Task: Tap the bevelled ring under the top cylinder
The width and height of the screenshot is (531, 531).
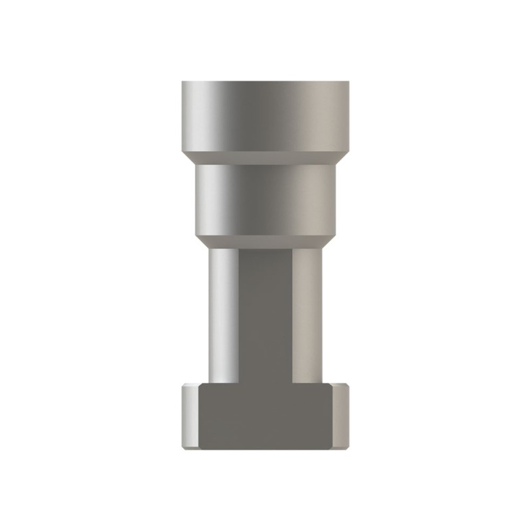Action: click(265, 157)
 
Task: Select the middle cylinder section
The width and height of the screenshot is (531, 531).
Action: click(265, 199)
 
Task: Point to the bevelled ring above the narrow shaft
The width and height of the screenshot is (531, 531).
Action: click(265, 242)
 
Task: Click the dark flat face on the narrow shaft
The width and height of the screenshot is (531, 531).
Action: click(265, 312)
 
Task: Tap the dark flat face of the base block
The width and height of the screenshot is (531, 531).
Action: click(265, 418)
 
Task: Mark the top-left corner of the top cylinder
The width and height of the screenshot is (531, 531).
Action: click(183, 82)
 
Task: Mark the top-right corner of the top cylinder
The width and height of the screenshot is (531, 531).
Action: click(348, 82)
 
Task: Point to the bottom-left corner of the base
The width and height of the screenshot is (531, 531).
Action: click(184, 449)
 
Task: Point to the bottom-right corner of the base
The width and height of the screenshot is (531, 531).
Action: click(347, 449)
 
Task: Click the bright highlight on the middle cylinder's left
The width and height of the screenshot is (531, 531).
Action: click(207, 199)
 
